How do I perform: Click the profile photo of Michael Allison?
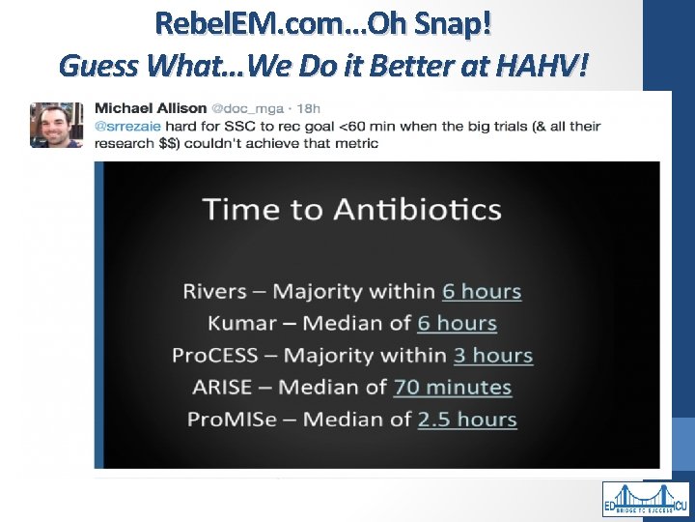(x=57, y=125)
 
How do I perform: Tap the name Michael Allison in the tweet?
(x=150, y=106)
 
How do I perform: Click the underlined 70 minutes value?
(x=452, y=387)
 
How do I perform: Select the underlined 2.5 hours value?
(x=467, y=419)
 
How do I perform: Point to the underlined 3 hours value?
(x=493, y=355)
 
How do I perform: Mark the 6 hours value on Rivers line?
(x=482, y=291)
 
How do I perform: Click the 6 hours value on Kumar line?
(x=457, y=323)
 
